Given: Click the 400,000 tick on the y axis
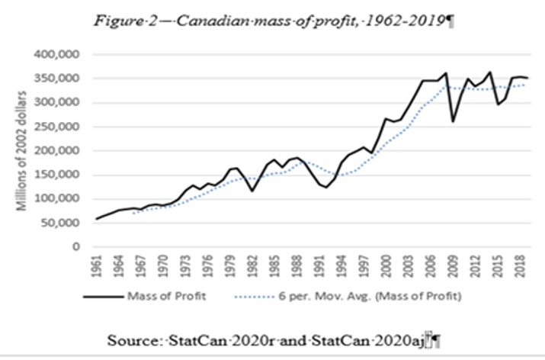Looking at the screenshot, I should [x=62, y=55].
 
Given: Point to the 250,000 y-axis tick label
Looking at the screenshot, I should [x=62, y=127].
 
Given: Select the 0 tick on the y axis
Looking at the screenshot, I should [x=77, y=246].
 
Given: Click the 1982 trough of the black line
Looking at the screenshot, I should [x=252, y=191].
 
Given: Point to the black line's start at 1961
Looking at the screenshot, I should [x=97, y=219].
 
